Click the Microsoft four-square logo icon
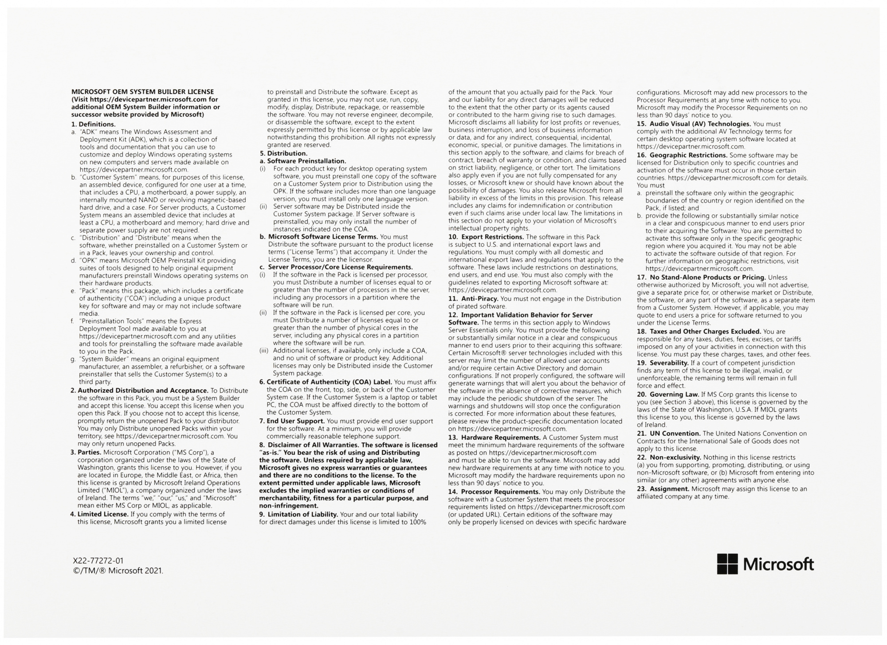[727, 564]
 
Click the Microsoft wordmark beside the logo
[778, 564]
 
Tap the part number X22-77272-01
[98, 561]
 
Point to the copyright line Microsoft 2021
[118, 571]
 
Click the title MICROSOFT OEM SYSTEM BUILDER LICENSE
[142, 92]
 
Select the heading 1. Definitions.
[94, 124]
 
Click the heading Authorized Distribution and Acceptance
[139, 391]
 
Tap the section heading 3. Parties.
[86, 452]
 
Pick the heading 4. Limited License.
[99, 514]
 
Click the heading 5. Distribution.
[283, 153]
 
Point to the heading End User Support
[292, 421]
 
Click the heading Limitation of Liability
[298, 514]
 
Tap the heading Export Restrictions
[486, 237]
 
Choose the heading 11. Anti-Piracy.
[473, 299]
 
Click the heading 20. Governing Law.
[668, 394]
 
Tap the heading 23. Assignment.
[663, 489]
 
